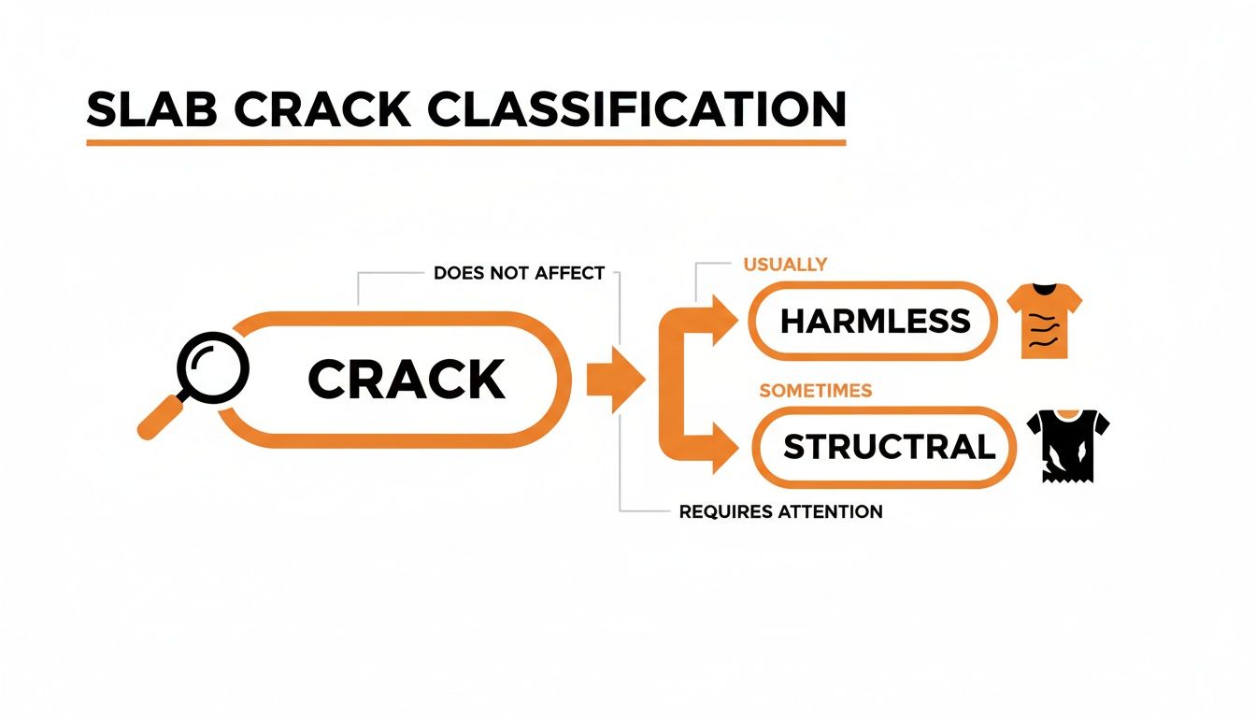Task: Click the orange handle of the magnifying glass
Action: click(161, 418)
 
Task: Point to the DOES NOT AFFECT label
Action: click(520, 274)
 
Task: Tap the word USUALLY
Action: click(785, 265)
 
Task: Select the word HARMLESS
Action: click(875, 322)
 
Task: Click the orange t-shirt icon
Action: click(1044, 321)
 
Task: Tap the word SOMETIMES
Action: click(815, 391)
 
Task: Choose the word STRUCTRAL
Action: click(889, 447)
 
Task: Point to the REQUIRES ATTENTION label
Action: click(780, 511)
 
